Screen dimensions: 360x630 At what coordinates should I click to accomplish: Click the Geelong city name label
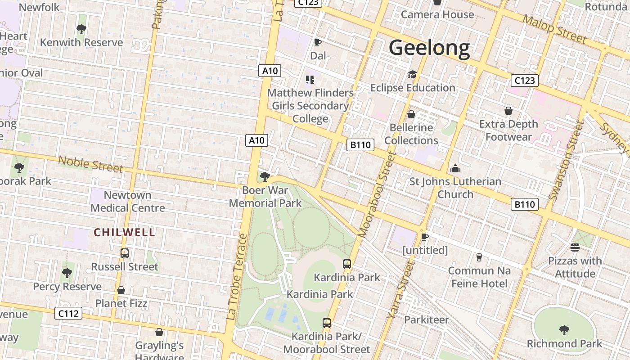429,48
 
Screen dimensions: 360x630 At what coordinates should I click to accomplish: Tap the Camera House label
437,14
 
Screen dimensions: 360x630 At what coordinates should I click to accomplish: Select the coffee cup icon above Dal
317,43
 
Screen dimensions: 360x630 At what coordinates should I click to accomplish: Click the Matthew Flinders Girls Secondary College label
310,106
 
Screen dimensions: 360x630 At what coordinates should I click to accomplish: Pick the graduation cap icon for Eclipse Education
412,75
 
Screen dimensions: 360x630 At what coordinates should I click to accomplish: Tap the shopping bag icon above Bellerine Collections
411,114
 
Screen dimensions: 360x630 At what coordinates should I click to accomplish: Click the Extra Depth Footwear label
508,130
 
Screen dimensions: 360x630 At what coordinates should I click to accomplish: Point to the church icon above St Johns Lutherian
455,169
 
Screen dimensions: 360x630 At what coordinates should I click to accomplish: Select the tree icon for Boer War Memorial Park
265,176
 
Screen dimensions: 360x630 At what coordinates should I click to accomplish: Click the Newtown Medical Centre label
128,201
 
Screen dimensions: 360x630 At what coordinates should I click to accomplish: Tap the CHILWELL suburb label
124,233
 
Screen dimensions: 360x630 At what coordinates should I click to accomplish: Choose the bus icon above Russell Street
125,253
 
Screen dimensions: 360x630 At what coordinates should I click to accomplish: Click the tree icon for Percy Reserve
67,273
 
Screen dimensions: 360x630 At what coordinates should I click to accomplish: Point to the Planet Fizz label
121,303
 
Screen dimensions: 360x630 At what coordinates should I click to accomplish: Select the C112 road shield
68,313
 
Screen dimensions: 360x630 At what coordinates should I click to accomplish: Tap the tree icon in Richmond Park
564,330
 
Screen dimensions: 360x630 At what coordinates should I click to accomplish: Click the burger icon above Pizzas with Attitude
575,247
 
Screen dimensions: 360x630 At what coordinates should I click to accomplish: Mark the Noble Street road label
90,164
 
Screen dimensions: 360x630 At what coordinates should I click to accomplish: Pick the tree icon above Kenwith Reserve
81,30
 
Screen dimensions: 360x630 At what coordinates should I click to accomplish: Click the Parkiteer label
426,320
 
